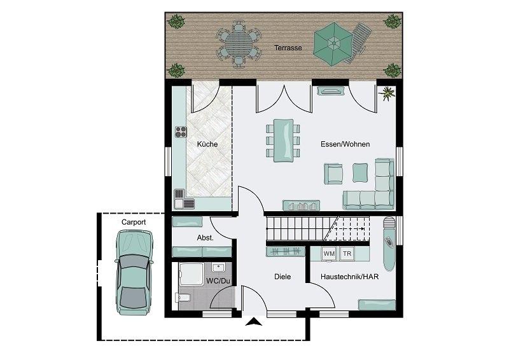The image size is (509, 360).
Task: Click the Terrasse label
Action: pos(288,48)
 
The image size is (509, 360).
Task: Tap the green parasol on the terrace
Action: pos(333,43)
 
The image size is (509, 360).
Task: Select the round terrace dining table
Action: pos(238,44)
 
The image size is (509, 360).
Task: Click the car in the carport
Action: pos(134,272)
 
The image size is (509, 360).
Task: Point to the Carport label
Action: pos(134,223)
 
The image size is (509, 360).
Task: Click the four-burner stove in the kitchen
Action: pos(181,132)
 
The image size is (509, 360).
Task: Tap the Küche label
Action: pos(207,144)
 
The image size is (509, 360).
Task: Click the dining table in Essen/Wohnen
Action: pos(283,140)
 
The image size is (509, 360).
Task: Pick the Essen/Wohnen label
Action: pos(345,144)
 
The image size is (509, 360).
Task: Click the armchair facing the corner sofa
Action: pos(333,173)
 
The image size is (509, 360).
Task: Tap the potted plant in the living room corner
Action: pos(387,93)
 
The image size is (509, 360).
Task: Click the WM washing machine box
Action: pos(329,254)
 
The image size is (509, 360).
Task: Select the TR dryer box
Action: pos(347,254)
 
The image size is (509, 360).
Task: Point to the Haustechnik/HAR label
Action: pos(349,277)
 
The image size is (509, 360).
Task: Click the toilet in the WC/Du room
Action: pos(183,297)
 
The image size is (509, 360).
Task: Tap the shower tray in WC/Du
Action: pos(191,275)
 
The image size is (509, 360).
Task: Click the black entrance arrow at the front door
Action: pos(253,321)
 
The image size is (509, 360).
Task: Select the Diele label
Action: pos(282,277)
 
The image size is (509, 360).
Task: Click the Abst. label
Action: pos(205,238)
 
